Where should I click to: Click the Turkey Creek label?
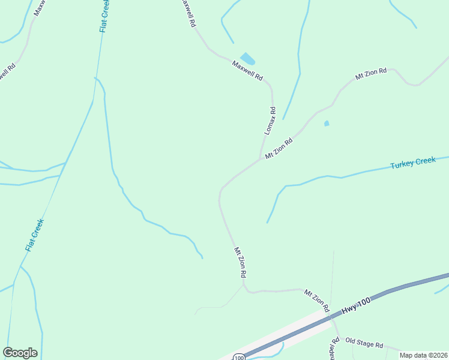tap(412, 163)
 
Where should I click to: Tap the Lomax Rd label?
tap(270, 120)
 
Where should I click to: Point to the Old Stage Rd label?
tap(364, 344)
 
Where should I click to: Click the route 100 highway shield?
tap(239, 358)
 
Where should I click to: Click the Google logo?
tap(20, 353)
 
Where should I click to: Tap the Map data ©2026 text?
tap(423, 355)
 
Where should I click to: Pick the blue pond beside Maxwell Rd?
tap(247, 58)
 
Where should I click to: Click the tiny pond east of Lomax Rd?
tap(327, 124)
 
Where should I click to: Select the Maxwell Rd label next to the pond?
tap(247, 70)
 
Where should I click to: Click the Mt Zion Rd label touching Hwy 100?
tap(317, 300)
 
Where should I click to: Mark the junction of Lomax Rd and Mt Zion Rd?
tap(260, 160)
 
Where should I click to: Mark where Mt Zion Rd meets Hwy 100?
tap(332, 317)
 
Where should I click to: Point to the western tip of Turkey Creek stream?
tap(267, 223)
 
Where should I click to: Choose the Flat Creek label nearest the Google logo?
tap(35, 235)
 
